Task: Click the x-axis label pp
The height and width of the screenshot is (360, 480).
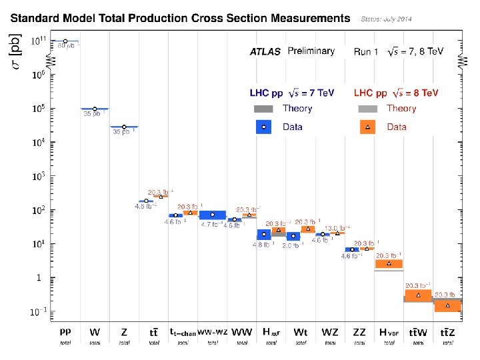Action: (65, 330)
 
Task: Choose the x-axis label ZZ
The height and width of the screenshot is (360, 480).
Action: (359, 331)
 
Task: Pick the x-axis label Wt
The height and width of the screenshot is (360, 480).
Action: (301, 331)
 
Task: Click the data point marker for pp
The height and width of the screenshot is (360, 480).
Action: (65, 41)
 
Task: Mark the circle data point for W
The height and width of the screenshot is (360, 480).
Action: (95, 109)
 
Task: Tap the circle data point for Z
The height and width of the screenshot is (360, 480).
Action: (124, 127)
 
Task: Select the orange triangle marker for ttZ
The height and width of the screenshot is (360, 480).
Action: (447, 305)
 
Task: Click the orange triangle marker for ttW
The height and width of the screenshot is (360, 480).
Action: (418, 295)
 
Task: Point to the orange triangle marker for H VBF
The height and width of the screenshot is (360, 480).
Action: (389, 263)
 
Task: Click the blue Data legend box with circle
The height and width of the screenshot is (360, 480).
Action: (264, 127)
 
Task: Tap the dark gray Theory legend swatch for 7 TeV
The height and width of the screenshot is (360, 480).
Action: (264, 109)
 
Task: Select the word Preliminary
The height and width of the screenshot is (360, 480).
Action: (311, 51)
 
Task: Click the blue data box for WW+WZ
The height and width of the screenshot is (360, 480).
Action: (213, 215)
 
